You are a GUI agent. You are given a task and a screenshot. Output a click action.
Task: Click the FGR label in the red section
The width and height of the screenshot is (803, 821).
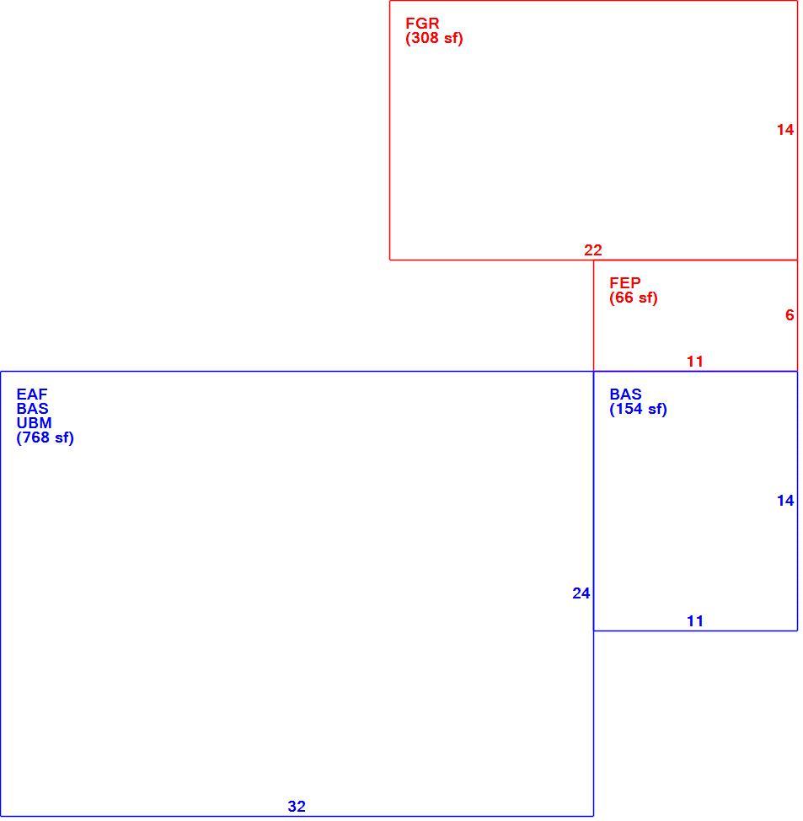coord(422,24)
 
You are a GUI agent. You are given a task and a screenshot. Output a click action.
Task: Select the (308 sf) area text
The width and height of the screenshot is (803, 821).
coord(434,38)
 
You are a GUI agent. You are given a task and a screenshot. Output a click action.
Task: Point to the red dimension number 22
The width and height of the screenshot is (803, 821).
coord(593,250)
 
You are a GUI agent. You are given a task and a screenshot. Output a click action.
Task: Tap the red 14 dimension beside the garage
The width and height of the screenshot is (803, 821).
coord(785,130)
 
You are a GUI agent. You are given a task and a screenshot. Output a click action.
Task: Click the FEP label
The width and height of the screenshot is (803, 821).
coord(625,283)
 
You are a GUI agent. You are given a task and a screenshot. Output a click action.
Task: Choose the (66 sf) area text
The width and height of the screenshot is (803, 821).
coord(634,298)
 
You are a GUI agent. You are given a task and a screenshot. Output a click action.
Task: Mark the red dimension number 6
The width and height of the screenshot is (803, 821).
coord(790,315)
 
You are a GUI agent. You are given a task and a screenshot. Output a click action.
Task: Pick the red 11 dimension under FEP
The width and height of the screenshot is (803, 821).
coord(694,362)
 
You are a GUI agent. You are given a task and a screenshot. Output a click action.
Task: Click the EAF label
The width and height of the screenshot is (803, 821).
coord(32,394)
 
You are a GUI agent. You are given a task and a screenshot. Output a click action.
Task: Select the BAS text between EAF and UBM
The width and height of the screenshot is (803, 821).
coord(33,409)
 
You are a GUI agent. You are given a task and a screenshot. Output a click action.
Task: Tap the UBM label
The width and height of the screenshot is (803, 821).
coord(34,423)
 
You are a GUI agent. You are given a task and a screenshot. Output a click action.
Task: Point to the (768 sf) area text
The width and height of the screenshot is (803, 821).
coord(45,437)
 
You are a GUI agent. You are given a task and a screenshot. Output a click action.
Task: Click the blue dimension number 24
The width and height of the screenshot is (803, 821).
coord(581,593)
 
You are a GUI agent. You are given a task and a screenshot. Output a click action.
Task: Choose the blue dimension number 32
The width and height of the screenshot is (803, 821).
coord(297,807)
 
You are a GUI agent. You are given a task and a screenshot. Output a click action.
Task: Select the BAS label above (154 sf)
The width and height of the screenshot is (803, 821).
coord(625,394)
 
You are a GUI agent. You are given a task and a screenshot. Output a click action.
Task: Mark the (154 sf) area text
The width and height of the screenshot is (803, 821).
coord(638,409)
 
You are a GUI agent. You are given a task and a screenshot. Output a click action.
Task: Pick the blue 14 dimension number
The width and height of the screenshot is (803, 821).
coord(785,501)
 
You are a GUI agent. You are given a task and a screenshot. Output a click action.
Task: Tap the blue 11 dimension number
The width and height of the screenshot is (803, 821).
coord(694,621)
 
